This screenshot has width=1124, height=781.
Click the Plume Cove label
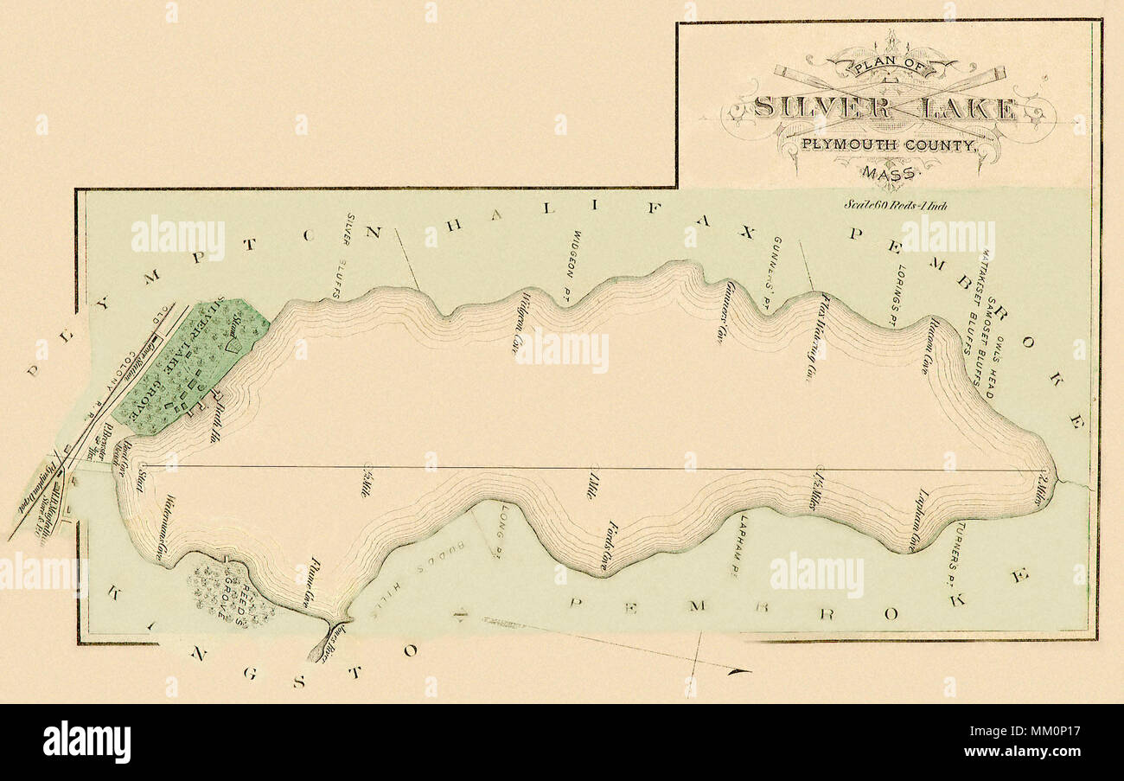tap(308, 581)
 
